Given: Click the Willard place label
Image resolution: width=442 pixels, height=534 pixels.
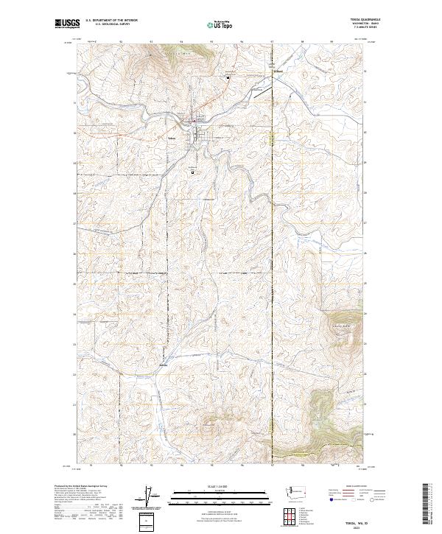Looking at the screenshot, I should (x=278, y=71).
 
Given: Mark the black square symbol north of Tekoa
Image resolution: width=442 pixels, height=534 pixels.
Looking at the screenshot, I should (x=228, y=76).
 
